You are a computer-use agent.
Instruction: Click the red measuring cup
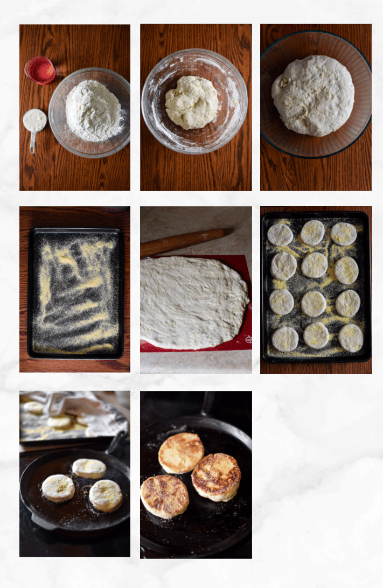40,70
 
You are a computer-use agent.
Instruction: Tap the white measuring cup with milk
34,121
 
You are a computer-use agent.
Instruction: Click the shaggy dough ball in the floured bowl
192,102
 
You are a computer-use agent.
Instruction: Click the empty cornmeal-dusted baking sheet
75,293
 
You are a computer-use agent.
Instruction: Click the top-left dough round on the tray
280,235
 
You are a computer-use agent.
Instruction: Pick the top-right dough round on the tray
344,234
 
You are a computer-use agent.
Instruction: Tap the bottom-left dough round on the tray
285,339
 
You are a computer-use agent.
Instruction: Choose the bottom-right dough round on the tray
351,338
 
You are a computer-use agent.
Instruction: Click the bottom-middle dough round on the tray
316,335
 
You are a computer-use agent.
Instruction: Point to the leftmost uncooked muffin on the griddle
58,488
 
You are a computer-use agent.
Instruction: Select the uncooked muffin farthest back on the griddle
89,468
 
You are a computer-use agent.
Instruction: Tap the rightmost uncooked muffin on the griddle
106,495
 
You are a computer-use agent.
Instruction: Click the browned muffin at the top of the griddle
181,453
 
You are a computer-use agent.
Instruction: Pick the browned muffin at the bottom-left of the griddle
165,496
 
